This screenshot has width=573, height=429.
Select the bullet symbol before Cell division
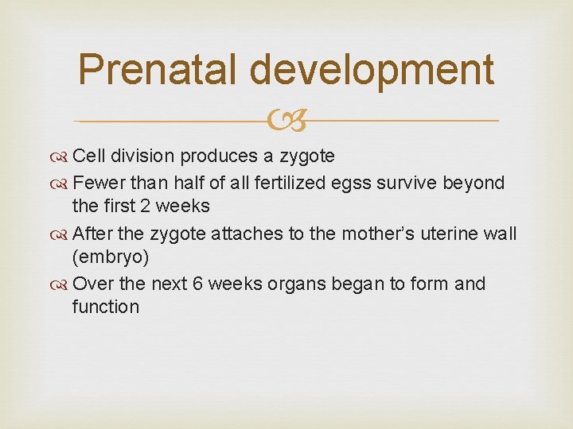pyautogui.click(x=60, y=156)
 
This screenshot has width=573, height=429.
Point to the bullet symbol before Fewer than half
pyautogui.click(x=60, y=184)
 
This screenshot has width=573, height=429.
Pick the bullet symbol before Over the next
pyautogui.click(x=60, y=284)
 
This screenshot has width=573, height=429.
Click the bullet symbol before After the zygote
pyautogui.click(x=60, y=234)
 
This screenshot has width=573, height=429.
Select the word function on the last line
pyautogui.click(x=105, y=307)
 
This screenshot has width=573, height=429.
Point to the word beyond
pyautogui.click(x=479, y=183)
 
